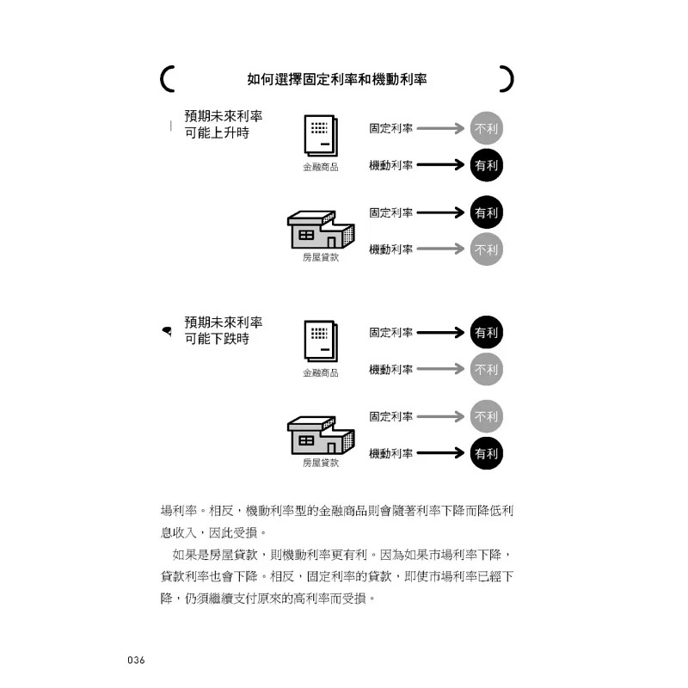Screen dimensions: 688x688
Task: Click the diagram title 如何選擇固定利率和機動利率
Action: [x=336, y=79]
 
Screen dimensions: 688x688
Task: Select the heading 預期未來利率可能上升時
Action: [x=224, y=124]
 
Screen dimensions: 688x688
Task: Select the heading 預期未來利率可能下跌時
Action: [x=224, y=330]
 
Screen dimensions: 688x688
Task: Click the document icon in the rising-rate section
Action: [x=321, y=136]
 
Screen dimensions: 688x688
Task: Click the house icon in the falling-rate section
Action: [x=321, y=435]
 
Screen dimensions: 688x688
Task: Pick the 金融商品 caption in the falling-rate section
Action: [x=321, y=373]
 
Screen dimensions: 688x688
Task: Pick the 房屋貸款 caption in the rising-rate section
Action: [x=321, y=257]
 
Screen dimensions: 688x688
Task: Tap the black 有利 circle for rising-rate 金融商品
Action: [x=486, y=165]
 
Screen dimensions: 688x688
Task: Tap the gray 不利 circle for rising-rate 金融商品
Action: [x=486, y=128]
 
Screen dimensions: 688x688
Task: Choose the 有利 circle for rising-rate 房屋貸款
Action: [x=486, y=212]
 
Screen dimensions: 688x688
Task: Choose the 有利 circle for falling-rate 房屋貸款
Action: [x=486, y=453]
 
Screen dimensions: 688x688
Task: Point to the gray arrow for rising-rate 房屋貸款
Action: [x=440, y=249]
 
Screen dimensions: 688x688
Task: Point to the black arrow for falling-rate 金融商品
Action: [x=440, y=332]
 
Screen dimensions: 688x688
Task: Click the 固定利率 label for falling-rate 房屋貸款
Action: [x=391, y=416]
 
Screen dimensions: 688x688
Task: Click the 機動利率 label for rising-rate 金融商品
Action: [x=391, y=165]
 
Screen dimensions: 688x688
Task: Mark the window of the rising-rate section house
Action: [x=306, y=235]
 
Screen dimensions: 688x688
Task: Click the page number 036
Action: [x=136, y=660]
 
